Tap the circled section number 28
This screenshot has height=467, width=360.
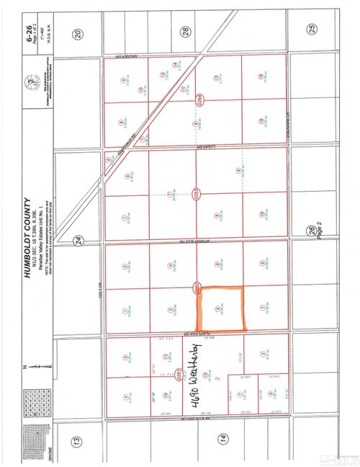click(185, 32)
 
